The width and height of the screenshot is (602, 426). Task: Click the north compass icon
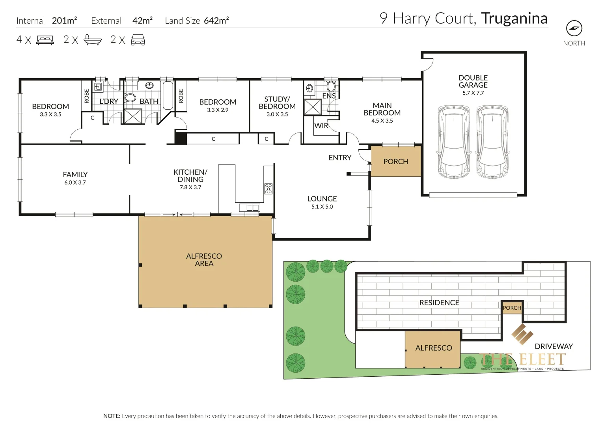click(x=574, y=28)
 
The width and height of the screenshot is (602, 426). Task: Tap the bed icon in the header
click(x=45, y=40)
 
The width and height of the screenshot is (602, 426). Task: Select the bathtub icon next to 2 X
click(x=93, y=40)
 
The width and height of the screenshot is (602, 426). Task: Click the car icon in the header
click(x=138, y=40)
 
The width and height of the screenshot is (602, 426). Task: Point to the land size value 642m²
click(x=216, y=21)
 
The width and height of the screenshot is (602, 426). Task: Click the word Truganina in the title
click(x=514, y=19)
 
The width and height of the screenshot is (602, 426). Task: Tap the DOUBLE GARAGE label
click(x=473, y=81)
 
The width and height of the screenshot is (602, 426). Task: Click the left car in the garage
click(x=454, y=142)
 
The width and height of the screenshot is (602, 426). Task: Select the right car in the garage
click(x=492, y=142)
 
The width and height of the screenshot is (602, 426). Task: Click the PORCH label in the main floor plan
click(x=395, y=161)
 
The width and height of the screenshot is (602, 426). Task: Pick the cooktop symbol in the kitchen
click(x=268, y=189)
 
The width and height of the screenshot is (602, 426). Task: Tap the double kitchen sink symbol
click(x=250, y=207)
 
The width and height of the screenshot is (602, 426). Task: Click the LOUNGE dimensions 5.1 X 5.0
click(x=322, y=207)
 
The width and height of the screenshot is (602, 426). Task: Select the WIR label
click(x=321, y=126)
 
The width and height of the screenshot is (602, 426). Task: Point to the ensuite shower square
click(x=313, y=107)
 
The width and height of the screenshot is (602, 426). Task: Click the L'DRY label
click(x=108, y=101)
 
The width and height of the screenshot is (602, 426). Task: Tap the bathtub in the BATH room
click(x=168, y=95)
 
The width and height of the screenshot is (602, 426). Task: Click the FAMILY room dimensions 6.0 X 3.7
click(x=75, y=183)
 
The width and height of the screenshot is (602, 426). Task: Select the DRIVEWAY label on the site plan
click(x=554, y=346)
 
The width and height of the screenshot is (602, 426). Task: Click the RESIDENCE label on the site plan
click(x=439, y=303)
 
